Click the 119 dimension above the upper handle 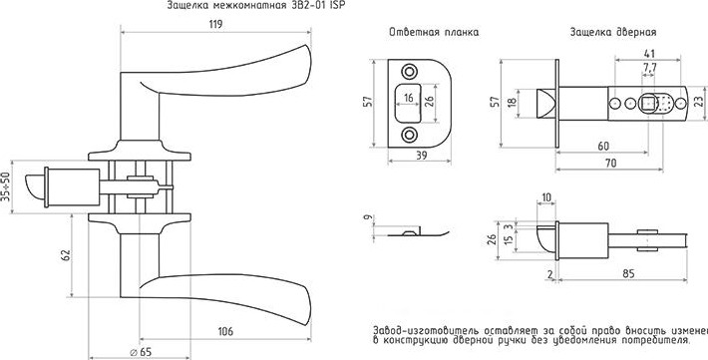[214, 26]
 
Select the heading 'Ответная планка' [434, 32]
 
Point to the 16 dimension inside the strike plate [408, 99]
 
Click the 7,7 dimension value [649, 67]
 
